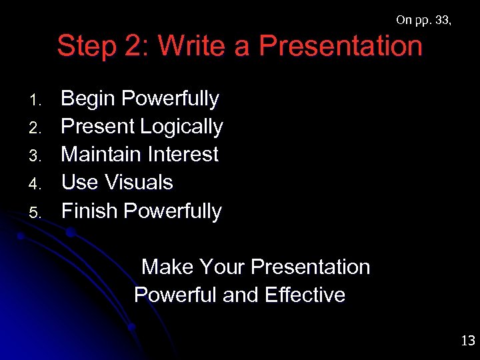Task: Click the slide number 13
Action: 467,341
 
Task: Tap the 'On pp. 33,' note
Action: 423,20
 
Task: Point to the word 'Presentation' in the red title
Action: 340,47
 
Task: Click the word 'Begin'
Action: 89,99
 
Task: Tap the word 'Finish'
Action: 89,211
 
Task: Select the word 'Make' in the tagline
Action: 167,267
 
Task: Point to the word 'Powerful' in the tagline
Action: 175,295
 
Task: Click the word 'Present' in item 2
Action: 98,126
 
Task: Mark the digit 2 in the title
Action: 135,47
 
